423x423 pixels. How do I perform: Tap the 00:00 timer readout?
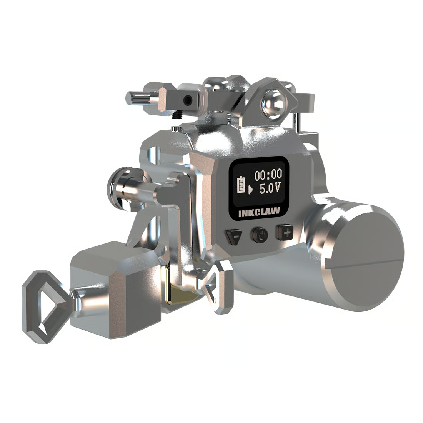tap(268, 175)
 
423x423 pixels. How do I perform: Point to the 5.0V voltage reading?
tap(270, 188)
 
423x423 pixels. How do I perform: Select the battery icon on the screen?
tap(241, 185)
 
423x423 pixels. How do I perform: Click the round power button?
tap(260, 235)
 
